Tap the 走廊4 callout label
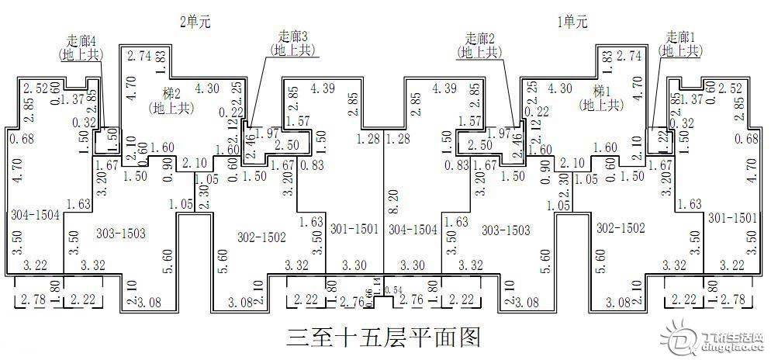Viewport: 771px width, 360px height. click(81, 40)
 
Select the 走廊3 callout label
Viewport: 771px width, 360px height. click(293, 36)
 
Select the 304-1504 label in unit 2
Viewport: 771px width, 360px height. click(34, 214)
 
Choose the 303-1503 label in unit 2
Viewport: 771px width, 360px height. click(121, 232)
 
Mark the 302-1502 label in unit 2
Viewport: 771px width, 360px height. click(261, 237)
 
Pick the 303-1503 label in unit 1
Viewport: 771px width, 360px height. click(507, 230)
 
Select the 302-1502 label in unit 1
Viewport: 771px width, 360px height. click(621, 228)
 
